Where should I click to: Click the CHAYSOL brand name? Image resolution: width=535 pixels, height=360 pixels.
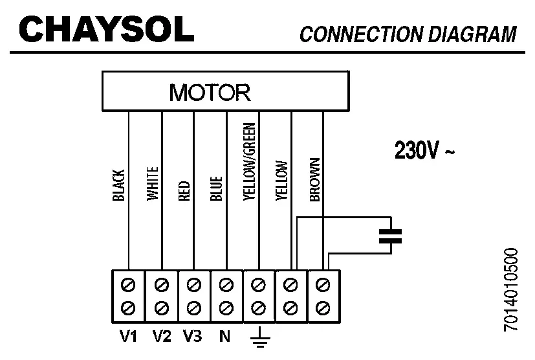point(107,28)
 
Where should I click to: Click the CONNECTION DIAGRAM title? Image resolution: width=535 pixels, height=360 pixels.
point(408,34)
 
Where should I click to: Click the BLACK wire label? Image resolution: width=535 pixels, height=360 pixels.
point(118,185)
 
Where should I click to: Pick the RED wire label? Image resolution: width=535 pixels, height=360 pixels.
point(184,192)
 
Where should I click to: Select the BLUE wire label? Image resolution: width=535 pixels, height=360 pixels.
point(216,188)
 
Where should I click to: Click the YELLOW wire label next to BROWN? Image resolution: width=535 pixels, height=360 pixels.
point(281,182)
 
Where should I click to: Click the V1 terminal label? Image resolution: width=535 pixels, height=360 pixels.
point(129,336)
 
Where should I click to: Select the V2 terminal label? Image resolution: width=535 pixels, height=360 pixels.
point(162,336)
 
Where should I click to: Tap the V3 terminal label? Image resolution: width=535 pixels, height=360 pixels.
point(193,336)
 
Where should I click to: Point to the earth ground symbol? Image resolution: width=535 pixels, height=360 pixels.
point(259,338)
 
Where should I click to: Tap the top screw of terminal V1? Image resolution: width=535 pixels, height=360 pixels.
point(129,284)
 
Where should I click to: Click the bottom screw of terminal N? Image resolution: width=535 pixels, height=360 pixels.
point(226,305)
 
